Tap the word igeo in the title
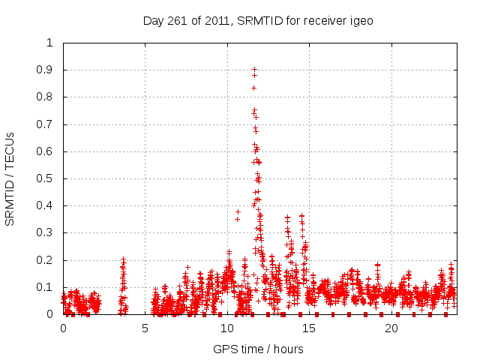click(359, 21)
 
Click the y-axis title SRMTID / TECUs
click(10, 178)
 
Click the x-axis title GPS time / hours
click(258, 349)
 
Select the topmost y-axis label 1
click(50, 43)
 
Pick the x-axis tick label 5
click(145, 328)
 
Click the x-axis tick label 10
click(226, 328)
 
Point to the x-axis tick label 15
click(309, 328)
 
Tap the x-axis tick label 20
click(391, 328)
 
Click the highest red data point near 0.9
click(254, 69)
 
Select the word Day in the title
click(152, 21)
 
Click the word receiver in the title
click(323, 21)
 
